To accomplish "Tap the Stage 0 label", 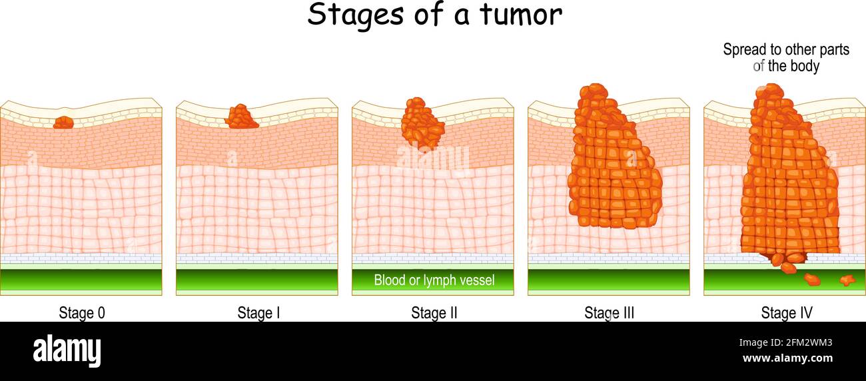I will click(82, 312).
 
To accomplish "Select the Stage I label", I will click(258, 312).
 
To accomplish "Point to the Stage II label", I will click(434, 312).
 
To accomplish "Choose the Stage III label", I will click(609, 312).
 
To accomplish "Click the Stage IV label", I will click(786, 312).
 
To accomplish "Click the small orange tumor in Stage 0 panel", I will click(63, 123).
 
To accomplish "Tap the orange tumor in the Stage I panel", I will click(241, 117).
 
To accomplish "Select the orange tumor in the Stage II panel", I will click(422, 124).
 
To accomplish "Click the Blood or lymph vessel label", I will click(434, 280).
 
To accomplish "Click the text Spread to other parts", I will click(786, 50).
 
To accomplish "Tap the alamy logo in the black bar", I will click(67, 351).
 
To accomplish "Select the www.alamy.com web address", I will click(786, 358).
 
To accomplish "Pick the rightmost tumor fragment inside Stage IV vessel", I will click(847, 280).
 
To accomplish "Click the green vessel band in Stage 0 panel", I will click(81, 279).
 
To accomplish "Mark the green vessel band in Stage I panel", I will click(257, 279).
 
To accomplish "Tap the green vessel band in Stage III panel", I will click(609, 279).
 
